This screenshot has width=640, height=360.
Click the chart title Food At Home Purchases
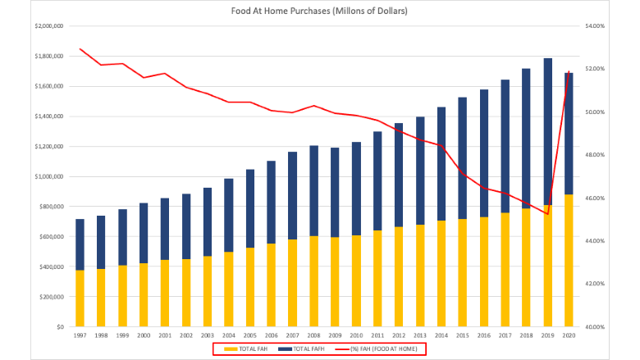tap(319, 11)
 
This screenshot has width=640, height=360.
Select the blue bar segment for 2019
tap(548, 132)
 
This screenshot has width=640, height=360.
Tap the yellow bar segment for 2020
tap(569, 261)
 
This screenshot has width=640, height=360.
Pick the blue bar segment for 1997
tap(80, 244)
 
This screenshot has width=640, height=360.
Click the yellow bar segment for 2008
tap(314, 281)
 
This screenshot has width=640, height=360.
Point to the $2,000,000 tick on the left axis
tap(49, 26)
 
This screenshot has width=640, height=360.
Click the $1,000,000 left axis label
tap(49, 176)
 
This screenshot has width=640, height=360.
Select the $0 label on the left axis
tap(60, 327)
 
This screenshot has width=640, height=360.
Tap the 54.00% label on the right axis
tap(595, 26)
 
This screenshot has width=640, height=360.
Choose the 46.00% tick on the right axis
tap(595, 198)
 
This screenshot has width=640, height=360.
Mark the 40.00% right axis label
tap(595, 327)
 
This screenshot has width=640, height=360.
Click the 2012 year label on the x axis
tap(399, 335)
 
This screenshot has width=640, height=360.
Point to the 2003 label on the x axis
tap(208, 335)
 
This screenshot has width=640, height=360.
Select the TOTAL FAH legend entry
tap(245, 349)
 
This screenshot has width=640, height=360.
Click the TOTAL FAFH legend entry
tap(301, 349)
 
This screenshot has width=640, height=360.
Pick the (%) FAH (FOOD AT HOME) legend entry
tap(376, 349)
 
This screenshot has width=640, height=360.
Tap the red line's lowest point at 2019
tap(548, 214)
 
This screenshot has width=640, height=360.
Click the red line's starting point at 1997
tap(80, 49)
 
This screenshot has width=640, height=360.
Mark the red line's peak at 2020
tap(569, 71)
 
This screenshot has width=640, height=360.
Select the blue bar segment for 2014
tap(441, 164)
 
